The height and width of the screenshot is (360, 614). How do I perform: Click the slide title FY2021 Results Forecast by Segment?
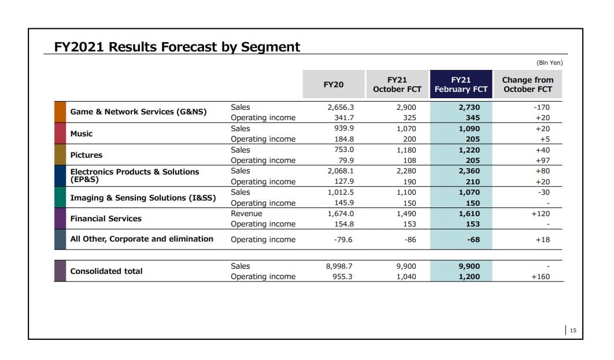point(177,47)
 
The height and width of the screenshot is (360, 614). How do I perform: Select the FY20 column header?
point(334,84)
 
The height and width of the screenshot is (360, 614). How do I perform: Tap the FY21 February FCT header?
point(461,84)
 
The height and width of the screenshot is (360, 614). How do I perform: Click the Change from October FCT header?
point(527,84)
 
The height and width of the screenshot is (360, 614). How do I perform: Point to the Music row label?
point(82,133)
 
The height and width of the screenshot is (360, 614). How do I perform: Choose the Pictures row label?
point(86,155)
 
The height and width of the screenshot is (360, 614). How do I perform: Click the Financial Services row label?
point(106,218)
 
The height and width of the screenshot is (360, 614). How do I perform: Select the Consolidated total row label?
point(106,271)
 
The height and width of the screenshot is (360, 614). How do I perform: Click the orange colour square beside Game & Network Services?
point(60,112)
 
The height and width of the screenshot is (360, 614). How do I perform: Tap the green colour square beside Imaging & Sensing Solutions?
point(60,197)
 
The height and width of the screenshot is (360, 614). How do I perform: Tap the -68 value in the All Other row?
point(474,239)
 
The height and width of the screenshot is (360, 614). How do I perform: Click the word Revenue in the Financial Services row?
point(246,213)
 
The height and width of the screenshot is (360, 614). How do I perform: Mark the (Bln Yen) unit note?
point(549,62)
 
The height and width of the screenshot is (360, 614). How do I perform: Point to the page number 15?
point(573,331)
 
